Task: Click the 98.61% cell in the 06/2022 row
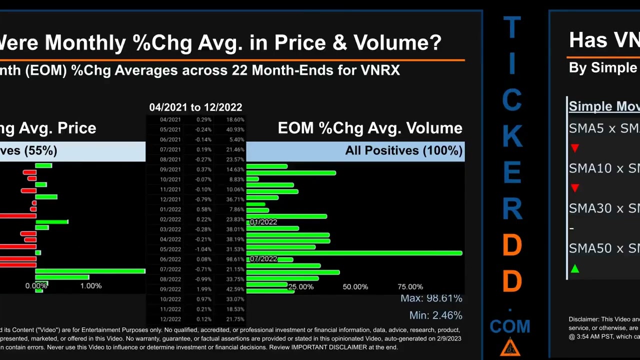235,259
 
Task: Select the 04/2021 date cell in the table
170,120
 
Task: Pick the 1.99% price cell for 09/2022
203,289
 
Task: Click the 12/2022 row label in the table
170,319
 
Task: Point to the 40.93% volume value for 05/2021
235,130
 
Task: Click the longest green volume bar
354,253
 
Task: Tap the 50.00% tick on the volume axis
355,287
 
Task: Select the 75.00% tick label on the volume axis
410,287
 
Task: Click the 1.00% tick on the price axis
91,286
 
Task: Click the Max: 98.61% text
431,298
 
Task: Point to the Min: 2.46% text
435,315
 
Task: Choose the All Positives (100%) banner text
403,150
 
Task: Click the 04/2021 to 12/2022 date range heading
195,107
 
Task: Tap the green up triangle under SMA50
575,269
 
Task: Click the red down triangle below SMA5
575,148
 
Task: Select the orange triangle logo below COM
510,347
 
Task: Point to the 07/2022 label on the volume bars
263,259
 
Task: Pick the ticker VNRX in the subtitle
380,70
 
